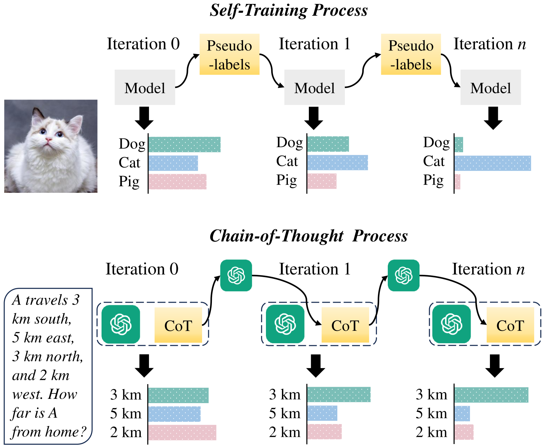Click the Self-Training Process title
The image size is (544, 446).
coord(289,10)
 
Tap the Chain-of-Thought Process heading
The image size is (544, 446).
coord(309,236)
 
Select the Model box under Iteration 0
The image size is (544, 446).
coord(145,88)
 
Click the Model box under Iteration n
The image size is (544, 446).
coord(490,88)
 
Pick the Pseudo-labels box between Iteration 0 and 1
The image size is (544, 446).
coord(229,54)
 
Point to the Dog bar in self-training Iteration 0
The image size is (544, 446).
coord(184,144)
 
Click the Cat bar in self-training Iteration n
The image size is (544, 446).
coord(492,163)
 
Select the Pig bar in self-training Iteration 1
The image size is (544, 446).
coord(322,181)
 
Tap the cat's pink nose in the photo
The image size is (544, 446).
coord(48,140)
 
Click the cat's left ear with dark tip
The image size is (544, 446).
coord(37,115)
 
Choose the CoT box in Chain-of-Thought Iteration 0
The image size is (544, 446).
coord(178,325)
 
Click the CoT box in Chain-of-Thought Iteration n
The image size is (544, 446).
coord(510,325)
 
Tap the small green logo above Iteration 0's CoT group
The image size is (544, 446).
coord(236,275)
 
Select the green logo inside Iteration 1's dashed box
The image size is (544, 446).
coord(285,324)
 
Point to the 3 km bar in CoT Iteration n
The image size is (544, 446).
coord(491,395)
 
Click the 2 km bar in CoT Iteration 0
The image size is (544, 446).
coord(182,433)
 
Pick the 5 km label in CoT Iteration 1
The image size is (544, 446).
coord(285,414)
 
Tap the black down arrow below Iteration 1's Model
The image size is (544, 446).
coord(313,118)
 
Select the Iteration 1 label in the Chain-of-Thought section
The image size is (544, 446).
coord(314,269)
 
